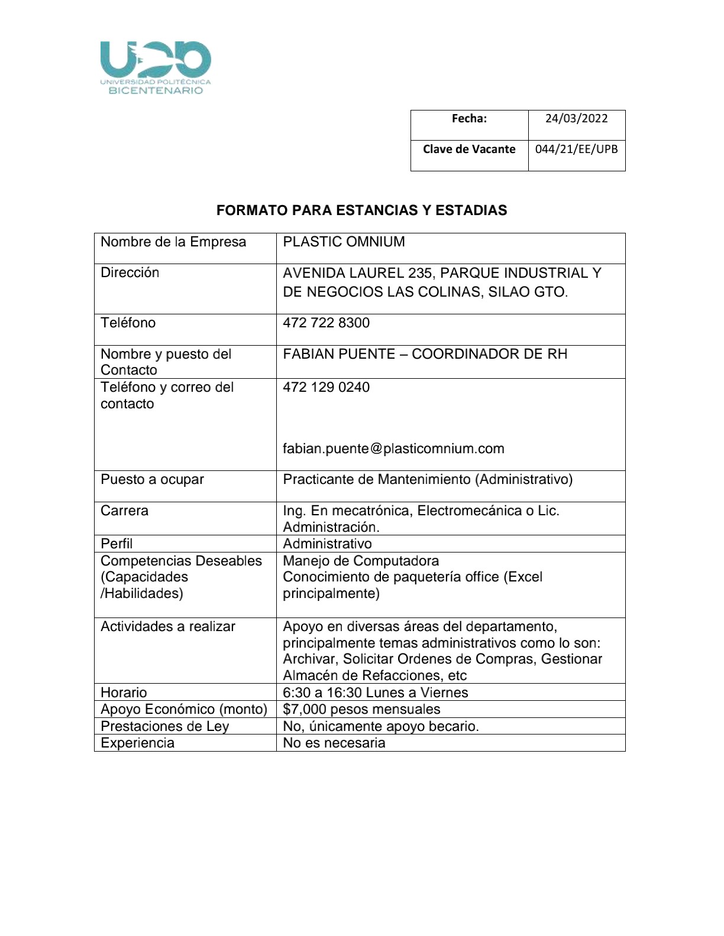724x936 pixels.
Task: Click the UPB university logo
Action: tap(156, 67)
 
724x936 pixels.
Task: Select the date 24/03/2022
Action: tap(576, 118)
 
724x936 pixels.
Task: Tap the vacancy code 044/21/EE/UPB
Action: tap(576, 149)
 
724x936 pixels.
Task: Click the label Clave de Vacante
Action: tap(469, 149)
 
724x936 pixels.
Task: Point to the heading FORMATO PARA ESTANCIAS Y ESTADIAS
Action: tap(361, 210)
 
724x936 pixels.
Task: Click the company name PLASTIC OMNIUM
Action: tap(344, 242)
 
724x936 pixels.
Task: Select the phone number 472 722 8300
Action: tap(326, 323)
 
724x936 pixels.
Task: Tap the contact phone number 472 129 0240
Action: tap(326, 388)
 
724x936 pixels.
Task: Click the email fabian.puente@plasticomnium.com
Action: tap(393, 448)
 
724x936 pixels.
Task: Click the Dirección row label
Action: tap(130, 273)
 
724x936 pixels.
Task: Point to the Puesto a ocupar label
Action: tap(152, 479)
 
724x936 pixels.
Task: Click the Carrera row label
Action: tap(124, 511)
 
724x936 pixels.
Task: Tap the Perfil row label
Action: tap(117, 544)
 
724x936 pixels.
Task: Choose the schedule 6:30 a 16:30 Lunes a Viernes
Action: tap(375, 693)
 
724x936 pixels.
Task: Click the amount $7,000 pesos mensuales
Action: tap(361, 709)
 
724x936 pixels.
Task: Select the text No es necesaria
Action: tap(334, 743)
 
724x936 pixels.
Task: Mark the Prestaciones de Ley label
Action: tap(164, 726)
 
